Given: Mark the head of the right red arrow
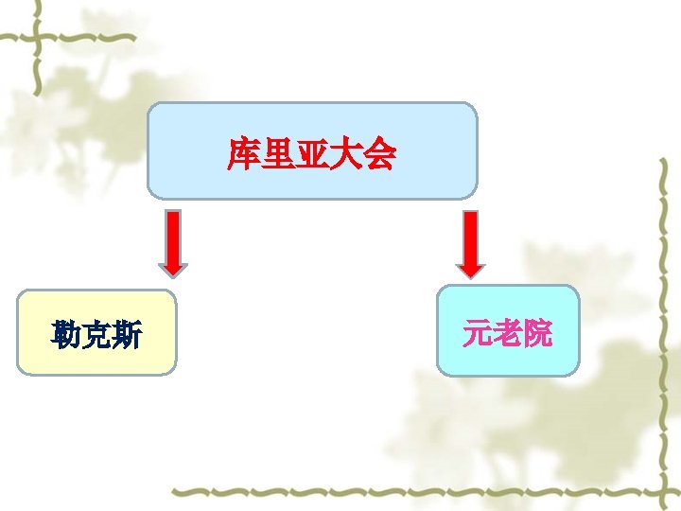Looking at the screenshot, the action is click(x=470, y=267).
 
